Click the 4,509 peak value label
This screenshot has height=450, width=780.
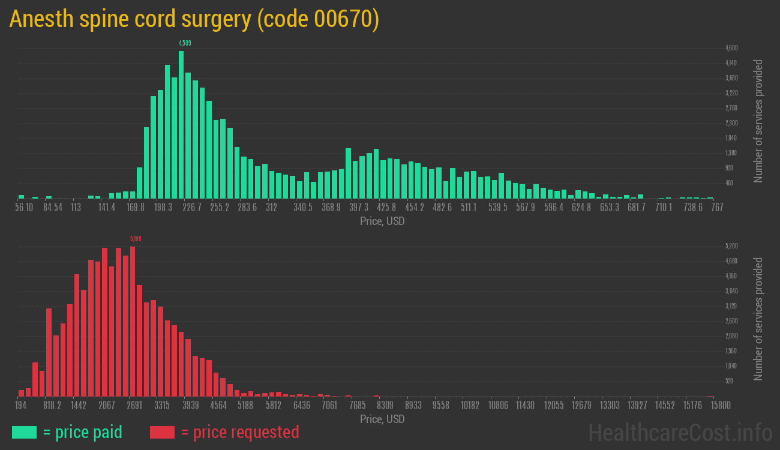[x=185, y=43]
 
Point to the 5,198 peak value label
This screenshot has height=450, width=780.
[x=136, y=239]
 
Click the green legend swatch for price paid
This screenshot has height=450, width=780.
[x=24, y=432]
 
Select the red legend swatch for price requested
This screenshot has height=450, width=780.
[x=162, y=432]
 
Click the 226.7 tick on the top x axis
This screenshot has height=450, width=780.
[x=192, y=208]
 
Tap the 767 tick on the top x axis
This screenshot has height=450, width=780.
[x=716, y=208]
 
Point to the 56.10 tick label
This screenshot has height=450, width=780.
[x=24, y=208]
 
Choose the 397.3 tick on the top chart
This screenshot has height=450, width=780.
[x=359, y=208]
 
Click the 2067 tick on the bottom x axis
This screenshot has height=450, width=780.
[x=107, y=406]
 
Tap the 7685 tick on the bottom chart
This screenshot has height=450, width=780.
[x=357, y=406]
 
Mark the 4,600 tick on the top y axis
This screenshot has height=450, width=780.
[x=731, y=48]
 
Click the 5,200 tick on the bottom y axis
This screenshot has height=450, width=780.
[x=731, y=246]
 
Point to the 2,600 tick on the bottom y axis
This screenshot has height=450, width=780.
[x=731, y=321]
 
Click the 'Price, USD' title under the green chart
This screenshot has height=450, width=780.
[x=382, y=221]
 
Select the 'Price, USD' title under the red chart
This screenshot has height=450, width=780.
[x=382, y=419]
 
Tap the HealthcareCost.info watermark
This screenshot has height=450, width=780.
[x=680, y=432]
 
